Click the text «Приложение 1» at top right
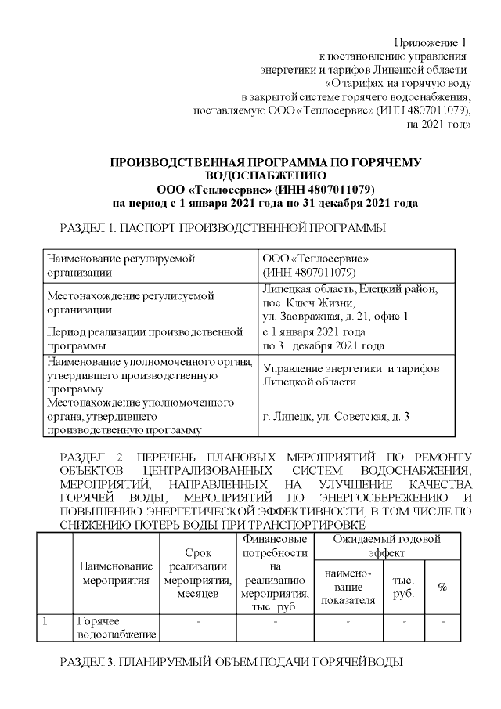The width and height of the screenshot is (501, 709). (x=429, y=42)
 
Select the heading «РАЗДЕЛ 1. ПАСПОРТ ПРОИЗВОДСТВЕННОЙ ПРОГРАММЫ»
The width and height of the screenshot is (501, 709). (x=223, y=229)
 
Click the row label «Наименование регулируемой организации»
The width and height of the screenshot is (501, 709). (x=121, y=265)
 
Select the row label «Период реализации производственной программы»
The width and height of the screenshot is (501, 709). (x=145, y=338)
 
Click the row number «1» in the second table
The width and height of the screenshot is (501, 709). (x=47, y=621)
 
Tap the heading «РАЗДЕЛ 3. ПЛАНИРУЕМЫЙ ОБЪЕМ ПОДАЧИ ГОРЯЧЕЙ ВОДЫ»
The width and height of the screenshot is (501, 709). (x=232, y=663)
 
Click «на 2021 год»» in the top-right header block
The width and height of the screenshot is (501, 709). (x=439, y=125)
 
